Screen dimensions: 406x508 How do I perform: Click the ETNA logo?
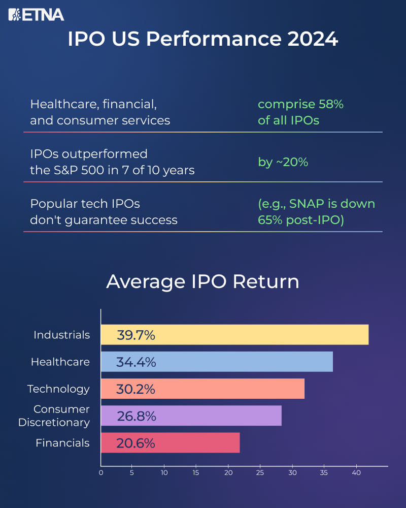click(36, 15)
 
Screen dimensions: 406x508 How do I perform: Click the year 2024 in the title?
click(313, 39)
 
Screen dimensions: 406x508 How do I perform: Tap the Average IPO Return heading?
click(202, 281)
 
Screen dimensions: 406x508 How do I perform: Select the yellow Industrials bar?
click(235, 335)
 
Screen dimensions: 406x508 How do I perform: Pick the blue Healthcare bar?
click(217, 362)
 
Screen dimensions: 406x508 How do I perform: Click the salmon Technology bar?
click(202, 389)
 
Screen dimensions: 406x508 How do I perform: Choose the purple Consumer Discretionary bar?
click(191, 416)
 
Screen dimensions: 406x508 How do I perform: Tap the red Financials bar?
click(171, 442)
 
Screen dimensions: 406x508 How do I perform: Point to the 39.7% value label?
click(136, 335)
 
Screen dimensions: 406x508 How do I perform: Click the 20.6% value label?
click(136, 443)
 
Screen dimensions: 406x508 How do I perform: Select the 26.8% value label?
click(137, 416)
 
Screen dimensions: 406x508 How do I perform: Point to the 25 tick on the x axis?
click(260, 472)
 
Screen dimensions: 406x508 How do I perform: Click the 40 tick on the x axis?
click(356, 472)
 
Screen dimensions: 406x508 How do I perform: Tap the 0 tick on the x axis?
click(101, 472)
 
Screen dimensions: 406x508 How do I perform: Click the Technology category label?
click(58, 389)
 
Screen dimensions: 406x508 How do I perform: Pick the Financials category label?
click(62, 443)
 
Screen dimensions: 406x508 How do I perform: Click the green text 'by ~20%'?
click(283, 162)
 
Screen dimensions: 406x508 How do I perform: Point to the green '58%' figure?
click(331, 104)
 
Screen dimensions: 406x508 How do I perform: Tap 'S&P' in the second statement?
click(66, 170)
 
